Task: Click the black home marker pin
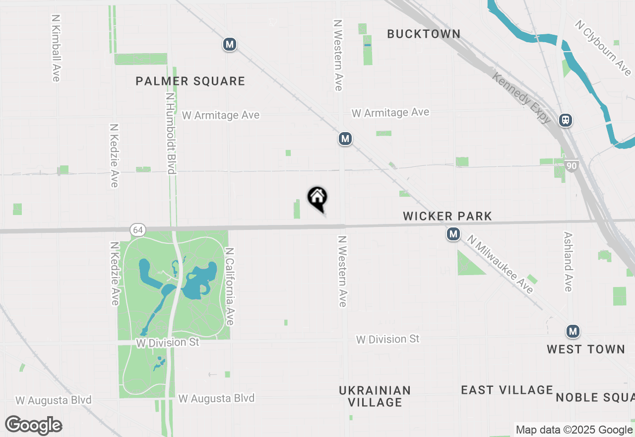pos(317,198)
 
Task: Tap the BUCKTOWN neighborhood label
pos(424,34)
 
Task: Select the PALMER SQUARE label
pos(190,81)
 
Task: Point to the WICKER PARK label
pos(447,216)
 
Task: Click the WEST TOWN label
pos(586,349)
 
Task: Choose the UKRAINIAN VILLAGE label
pos(375,396)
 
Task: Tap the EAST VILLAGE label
pos(507,390)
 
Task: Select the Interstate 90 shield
pos(572,166)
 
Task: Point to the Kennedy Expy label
pos(521,98)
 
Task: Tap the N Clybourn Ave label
pos(604,48)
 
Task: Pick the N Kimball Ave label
pos(56,48)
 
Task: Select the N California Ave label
pos(229,287)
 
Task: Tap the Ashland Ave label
pos(569,262)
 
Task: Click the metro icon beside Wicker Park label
pos(453,234)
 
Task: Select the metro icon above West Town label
pos(573,331)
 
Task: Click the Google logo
pos(34,426)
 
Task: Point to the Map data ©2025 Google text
pos(574,430)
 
